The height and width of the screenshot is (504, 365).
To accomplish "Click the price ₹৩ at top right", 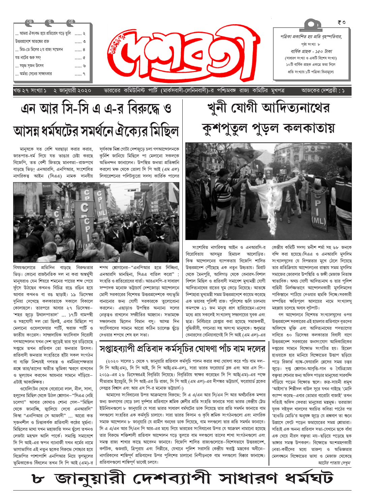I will click(341, 23).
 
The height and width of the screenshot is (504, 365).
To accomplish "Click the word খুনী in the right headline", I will click(218, 108).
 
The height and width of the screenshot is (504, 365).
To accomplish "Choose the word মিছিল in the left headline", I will click(164, 131).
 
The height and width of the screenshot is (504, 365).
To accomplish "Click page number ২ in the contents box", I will click(84, 34).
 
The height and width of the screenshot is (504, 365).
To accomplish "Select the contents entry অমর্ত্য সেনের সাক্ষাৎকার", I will click(33, 74).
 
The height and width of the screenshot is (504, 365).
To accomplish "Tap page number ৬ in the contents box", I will click(84, 66).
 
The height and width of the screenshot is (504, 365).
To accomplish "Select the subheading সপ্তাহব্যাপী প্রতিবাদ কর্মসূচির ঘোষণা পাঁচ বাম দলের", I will click(182, 348).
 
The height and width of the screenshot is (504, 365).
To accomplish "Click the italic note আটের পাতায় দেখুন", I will click(334, 463).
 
